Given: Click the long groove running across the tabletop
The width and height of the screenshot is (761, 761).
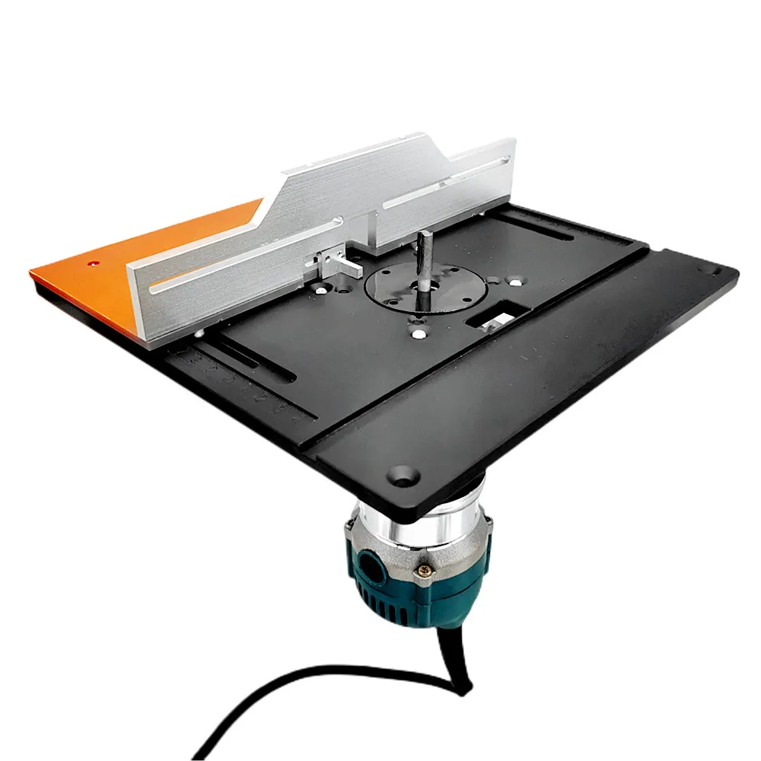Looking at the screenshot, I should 479,350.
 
